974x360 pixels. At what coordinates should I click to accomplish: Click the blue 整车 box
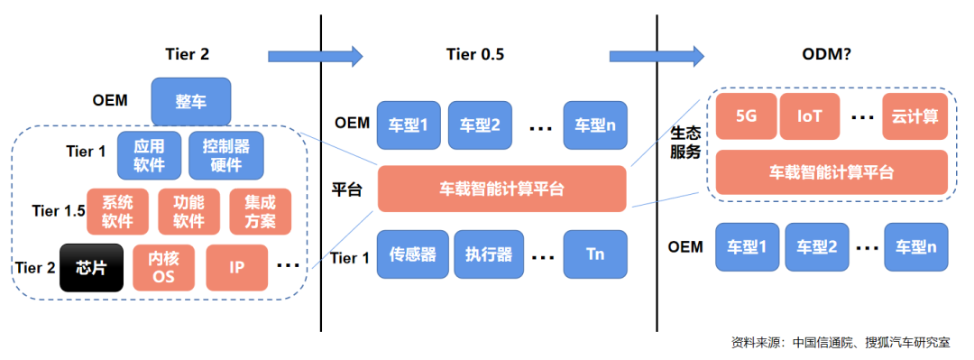(191, 101)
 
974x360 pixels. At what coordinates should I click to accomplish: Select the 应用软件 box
(149, 155)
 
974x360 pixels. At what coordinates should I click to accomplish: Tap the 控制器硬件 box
(225, 155)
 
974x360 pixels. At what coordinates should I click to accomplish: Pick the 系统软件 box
(117, 212)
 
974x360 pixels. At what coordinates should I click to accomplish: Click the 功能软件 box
(188, 212)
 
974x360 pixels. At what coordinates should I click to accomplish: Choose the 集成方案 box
(261, 212)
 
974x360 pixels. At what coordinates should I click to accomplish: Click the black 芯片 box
(91, 268)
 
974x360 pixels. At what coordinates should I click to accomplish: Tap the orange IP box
(236, 268)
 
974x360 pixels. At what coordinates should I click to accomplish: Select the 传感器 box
(412, 254)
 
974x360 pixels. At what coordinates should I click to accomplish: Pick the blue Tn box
(595, 254)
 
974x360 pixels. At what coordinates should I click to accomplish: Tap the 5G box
(746, 116)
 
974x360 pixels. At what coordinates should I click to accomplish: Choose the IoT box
(810, 116)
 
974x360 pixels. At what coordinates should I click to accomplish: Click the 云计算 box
(915, 116)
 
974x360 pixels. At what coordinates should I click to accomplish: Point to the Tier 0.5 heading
(474, 55)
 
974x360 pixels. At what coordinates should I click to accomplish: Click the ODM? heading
(827, 55)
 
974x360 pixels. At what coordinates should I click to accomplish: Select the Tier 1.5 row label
(59, 211)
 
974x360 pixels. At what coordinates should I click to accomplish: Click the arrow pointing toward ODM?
(657, 56)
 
